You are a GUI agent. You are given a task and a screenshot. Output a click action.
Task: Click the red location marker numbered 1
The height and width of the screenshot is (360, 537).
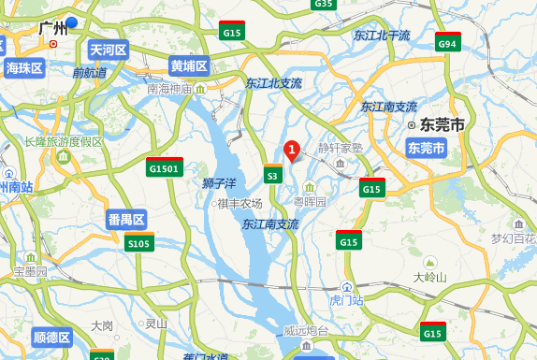291,149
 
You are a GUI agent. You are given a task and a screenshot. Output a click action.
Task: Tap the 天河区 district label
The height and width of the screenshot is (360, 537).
108,49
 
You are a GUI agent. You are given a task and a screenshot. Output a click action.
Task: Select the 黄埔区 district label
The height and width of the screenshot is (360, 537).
189,66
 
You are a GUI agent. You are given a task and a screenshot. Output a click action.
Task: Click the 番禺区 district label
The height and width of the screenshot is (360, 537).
126,220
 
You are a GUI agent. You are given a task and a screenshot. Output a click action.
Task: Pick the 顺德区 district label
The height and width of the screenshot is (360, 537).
51,338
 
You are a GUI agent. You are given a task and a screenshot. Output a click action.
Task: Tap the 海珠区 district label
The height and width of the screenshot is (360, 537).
24,67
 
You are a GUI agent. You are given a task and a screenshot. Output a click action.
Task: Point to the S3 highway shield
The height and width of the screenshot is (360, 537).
273,173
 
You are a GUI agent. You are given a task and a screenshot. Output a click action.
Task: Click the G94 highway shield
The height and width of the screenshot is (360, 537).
447,43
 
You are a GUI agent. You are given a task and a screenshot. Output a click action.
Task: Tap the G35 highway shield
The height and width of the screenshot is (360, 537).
324,4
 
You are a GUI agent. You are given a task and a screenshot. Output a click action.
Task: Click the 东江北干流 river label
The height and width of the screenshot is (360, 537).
382,36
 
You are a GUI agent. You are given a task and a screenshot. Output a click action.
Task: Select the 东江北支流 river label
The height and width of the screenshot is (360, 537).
274,83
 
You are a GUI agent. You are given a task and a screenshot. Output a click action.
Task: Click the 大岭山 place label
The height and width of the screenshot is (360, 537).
430,277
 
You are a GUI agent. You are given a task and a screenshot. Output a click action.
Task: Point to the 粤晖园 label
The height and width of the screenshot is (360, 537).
311,201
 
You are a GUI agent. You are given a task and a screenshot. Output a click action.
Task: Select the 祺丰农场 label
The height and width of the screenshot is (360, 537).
239,203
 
